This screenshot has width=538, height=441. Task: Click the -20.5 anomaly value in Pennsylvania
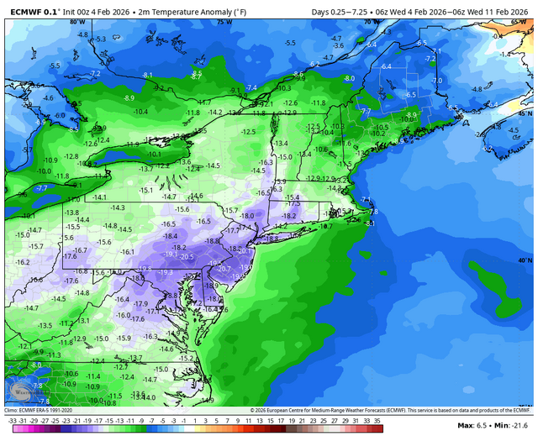[186, 257]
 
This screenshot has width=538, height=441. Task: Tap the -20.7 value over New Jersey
[224, 269]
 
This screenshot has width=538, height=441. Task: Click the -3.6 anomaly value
[339, 45]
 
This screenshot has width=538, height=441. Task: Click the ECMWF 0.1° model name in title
[31, 11]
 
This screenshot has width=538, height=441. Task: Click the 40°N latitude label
[525, 261]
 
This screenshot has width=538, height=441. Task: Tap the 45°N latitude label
[525, 113]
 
